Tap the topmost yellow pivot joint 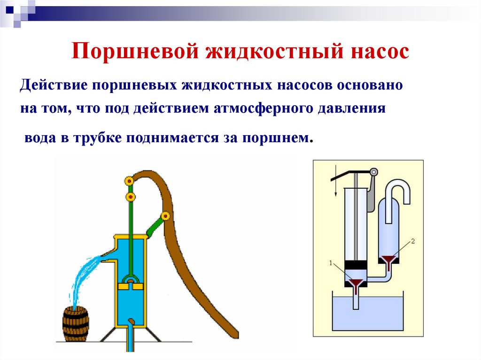[128, 180]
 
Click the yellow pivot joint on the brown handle [165, 216]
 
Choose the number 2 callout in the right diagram [413, 241]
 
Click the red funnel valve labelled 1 [356, 284]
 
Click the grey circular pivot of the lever [374, 172]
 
